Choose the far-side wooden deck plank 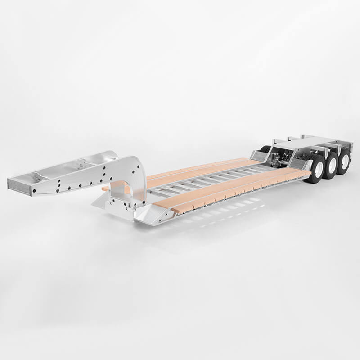202,169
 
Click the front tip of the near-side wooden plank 178,209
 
